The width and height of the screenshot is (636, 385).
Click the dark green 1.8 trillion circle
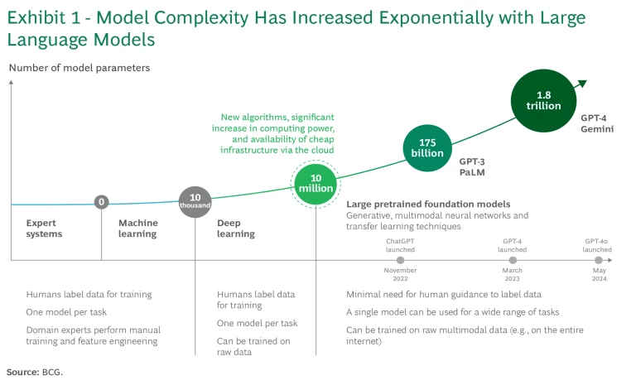[543, 100]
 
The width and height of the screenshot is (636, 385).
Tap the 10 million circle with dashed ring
[316, 184]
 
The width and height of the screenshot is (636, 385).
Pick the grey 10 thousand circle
[195, 201]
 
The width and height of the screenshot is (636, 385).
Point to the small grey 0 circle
[102, 202]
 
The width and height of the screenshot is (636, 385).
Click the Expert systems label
[44, 228]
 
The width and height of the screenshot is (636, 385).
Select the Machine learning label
[137, 228]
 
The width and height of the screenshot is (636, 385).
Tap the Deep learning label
[236, 228]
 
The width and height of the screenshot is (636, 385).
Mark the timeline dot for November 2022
[400, 260]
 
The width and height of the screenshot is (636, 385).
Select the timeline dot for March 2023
[512, 260]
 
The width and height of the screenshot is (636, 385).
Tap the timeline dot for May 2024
[597, 260]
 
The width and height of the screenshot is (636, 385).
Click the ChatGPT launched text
[400, 244]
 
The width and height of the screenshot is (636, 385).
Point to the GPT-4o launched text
[597, 244]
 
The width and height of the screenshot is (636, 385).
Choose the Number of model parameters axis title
[79, 68]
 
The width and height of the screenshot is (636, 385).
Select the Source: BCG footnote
[35, 372]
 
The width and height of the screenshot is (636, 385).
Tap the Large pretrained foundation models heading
[428, 204]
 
